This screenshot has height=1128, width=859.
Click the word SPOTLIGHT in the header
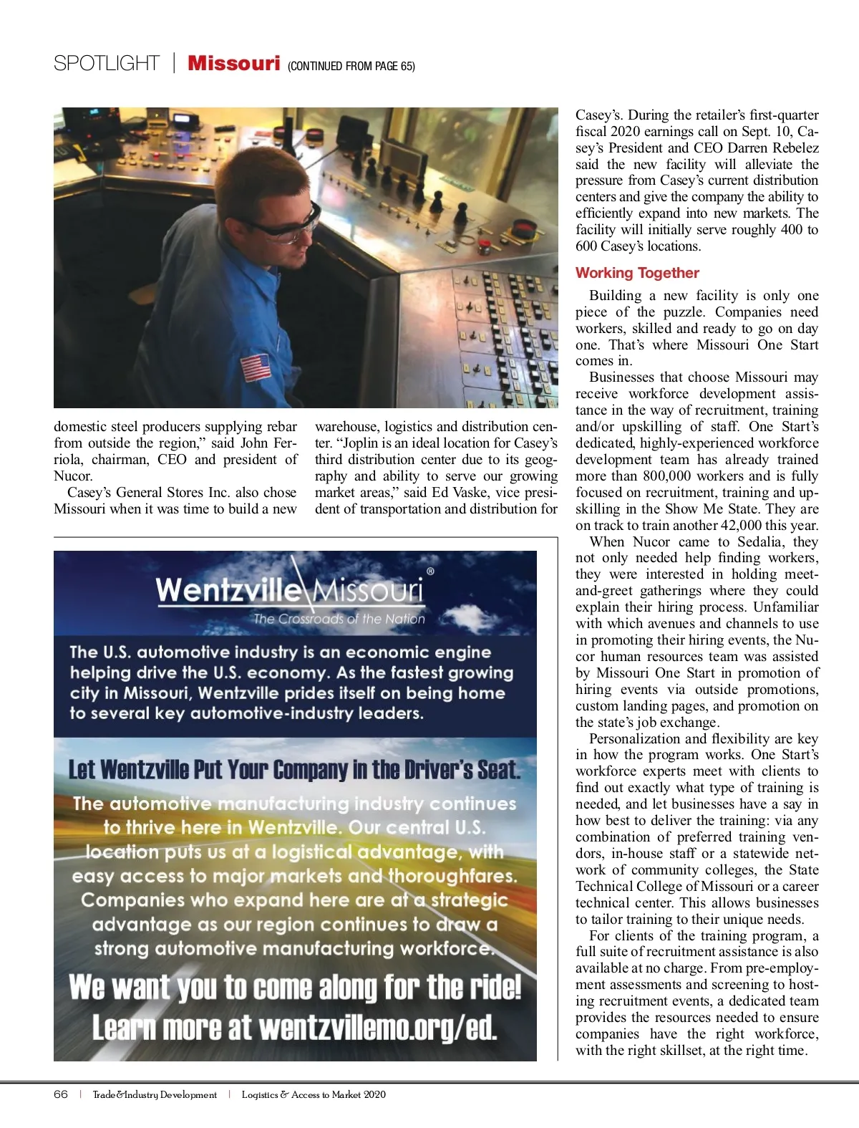107,64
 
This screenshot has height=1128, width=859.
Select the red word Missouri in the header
233,64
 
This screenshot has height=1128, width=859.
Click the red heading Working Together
637,273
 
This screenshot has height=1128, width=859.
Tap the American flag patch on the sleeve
256,367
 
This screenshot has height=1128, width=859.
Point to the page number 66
61,1094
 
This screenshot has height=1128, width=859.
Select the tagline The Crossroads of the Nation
339,619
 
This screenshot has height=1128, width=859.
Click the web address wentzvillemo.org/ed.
377,1028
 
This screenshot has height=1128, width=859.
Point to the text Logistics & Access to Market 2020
314,1094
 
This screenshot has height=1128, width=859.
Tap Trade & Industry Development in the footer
155,1094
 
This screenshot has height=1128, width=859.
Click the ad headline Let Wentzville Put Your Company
294,770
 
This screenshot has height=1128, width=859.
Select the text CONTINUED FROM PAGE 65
351,67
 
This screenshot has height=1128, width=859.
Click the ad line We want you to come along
295,988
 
